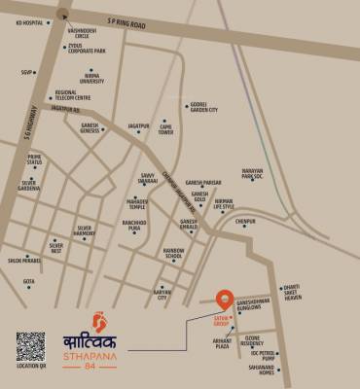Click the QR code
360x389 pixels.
30,347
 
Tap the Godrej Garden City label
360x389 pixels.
203,108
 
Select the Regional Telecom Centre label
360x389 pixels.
73,95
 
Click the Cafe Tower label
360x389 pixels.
166,127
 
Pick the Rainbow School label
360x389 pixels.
174,253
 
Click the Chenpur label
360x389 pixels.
244,222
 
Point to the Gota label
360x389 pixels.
29,282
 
